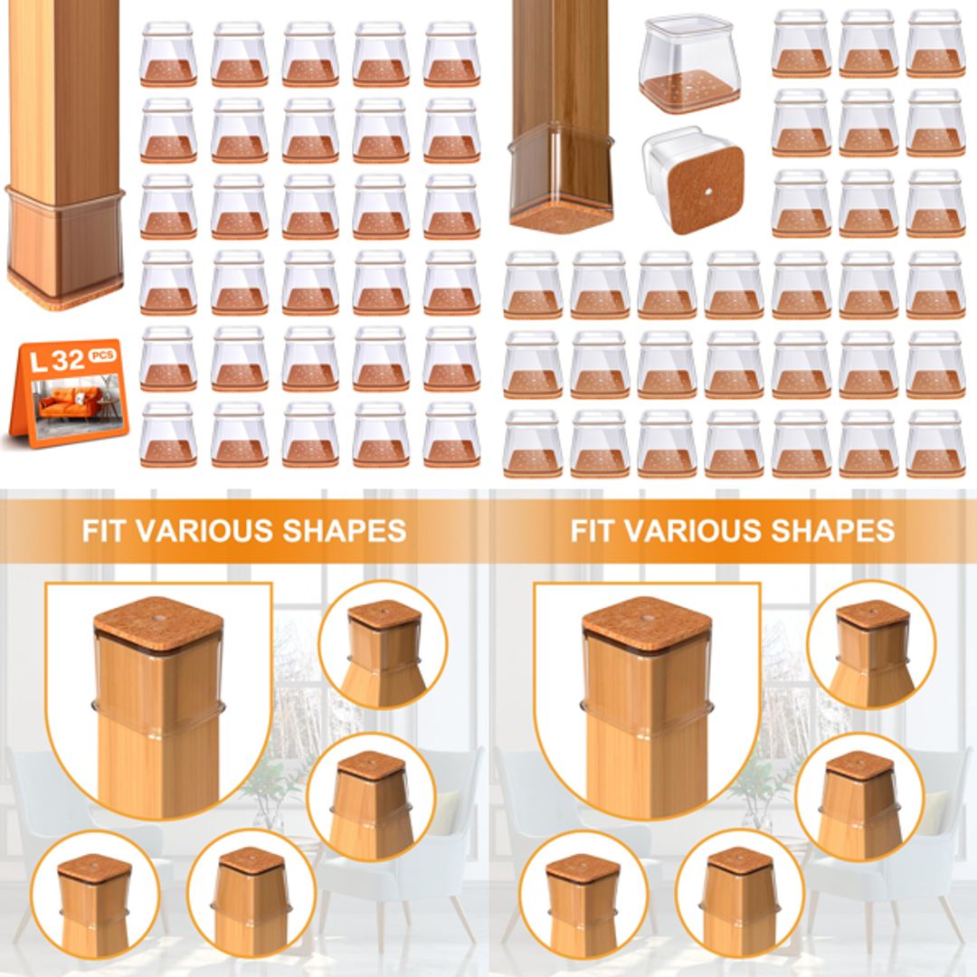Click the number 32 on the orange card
pos(69,361)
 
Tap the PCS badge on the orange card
pos(103,356)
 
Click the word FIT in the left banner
pos(105,530)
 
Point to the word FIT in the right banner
pos(593,530)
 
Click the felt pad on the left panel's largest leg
pos(158,620)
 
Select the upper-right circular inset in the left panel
pos(383,644)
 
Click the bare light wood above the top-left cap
pos(63,90)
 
